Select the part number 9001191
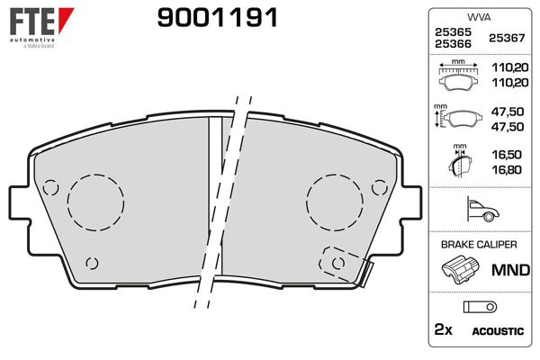pyautogui.click(x=217, y=16)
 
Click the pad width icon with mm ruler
pyautogui.click(x=459, y=76)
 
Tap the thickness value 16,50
pyautogui.click(x=507, y=154)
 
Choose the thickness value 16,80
pyautogui.click(x=507, y=167)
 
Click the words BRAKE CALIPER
pyautogui.click(x=477, y=245)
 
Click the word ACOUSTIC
pyautogui.click(x=498, y=331)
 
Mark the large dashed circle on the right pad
pyautogui.click(x=334, y=201)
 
